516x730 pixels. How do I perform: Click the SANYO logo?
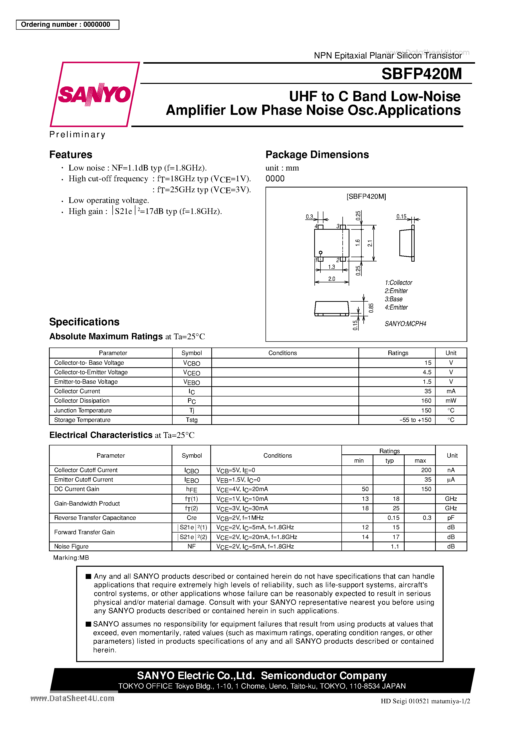[x=94, y=94]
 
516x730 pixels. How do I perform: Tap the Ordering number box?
[x=67, y=24]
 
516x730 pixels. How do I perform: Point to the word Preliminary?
[x=77, y=135]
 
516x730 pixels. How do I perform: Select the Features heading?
[x=71, y=155]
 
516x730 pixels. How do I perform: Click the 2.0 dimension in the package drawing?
[x=331, y=279]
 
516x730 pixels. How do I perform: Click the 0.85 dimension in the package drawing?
[x=371, y=308]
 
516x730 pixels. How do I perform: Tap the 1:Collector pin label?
[x=398, y=283]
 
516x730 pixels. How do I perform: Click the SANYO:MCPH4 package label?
[x=405, y=324]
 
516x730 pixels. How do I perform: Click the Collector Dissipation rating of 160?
[x=426, y=401]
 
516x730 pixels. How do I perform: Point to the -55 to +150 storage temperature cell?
[x=415, y=420]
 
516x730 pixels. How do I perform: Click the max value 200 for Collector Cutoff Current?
[x=426, y=470]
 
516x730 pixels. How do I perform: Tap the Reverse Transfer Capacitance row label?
[x=95, y=518]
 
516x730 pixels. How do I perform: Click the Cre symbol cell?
[x=192, y=518]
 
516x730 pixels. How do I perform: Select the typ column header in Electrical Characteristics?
[x=389, y=460]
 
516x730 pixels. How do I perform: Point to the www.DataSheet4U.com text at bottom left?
[x=72, y=698]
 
